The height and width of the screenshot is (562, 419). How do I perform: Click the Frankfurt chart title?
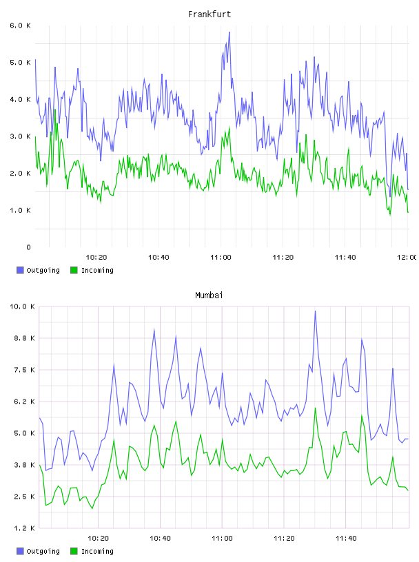(x=209, y=14)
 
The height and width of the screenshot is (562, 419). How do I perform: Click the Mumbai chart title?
(x=209, y=295)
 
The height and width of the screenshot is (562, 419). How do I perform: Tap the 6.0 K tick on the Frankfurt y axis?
(x=20, y=25)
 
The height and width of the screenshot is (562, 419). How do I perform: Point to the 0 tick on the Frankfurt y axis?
(x=28, y=247)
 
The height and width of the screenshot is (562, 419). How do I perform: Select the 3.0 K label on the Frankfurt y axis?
(x=20, y=136)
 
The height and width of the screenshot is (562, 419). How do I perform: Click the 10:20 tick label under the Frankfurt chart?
(x=96, y=258)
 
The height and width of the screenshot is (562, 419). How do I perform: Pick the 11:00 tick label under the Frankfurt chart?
(x=221, y=258)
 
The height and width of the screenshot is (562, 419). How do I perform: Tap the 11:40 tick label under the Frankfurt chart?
(x=345, y=258)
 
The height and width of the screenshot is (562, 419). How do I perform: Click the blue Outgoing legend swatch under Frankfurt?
(x=20, y=270)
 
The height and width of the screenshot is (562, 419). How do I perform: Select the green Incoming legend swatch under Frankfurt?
(x=74, y=270)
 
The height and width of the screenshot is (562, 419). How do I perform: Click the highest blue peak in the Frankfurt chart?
(x=229, y=32)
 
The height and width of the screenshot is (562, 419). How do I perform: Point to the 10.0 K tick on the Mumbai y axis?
(x=22, y=306)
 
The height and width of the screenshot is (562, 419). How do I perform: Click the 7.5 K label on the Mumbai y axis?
(x=24, y=370)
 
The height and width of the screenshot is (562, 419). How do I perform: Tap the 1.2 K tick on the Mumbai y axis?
(x=24, y=528)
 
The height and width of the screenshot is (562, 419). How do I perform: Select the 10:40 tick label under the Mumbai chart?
(x=160, y=539)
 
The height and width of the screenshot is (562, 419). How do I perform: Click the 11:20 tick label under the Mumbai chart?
(x=284, y=539)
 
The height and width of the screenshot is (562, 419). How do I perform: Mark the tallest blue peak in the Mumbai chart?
(x=316, y=311)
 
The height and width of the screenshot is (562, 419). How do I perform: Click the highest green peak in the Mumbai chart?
(x=316, y=408)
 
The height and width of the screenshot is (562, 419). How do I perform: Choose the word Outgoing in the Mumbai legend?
(x=43, y=551)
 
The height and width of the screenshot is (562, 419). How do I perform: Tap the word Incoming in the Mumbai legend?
(x=97, y=551)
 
